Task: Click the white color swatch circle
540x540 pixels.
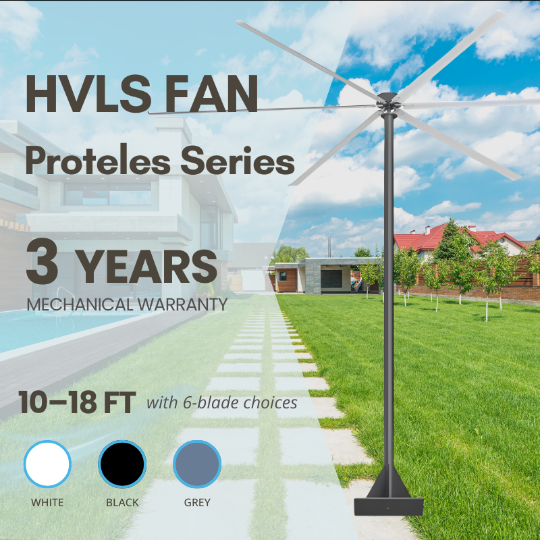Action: click(47, 464)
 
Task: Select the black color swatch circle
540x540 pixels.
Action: click(122, 464)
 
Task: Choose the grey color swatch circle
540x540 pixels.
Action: click(197, 464)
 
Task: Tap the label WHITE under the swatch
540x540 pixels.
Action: click(47, 502)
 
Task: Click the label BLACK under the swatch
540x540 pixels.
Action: click(122, 502)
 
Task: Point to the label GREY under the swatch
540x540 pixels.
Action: click(197, 502)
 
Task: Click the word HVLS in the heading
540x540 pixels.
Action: click(88, 94)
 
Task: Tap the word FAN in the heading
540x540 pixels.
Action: click(211, 94)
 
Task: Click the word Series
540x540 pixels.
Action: click(238, 161)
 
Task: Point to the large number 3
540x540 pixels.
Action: click(43, 261)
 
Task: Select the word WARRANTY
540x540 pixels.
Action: click(182, 304)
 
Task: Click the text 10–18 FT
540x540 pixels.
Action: click(78, 402)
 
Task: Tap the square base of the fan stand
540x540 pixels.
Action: click(389, 506)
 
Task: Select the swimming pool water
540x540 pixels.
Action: click(52, 329)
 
